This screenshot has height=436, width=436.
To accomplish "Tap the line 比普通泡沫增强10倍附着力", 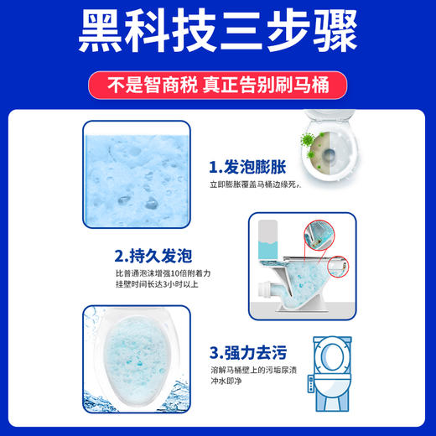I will [158, 274].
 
